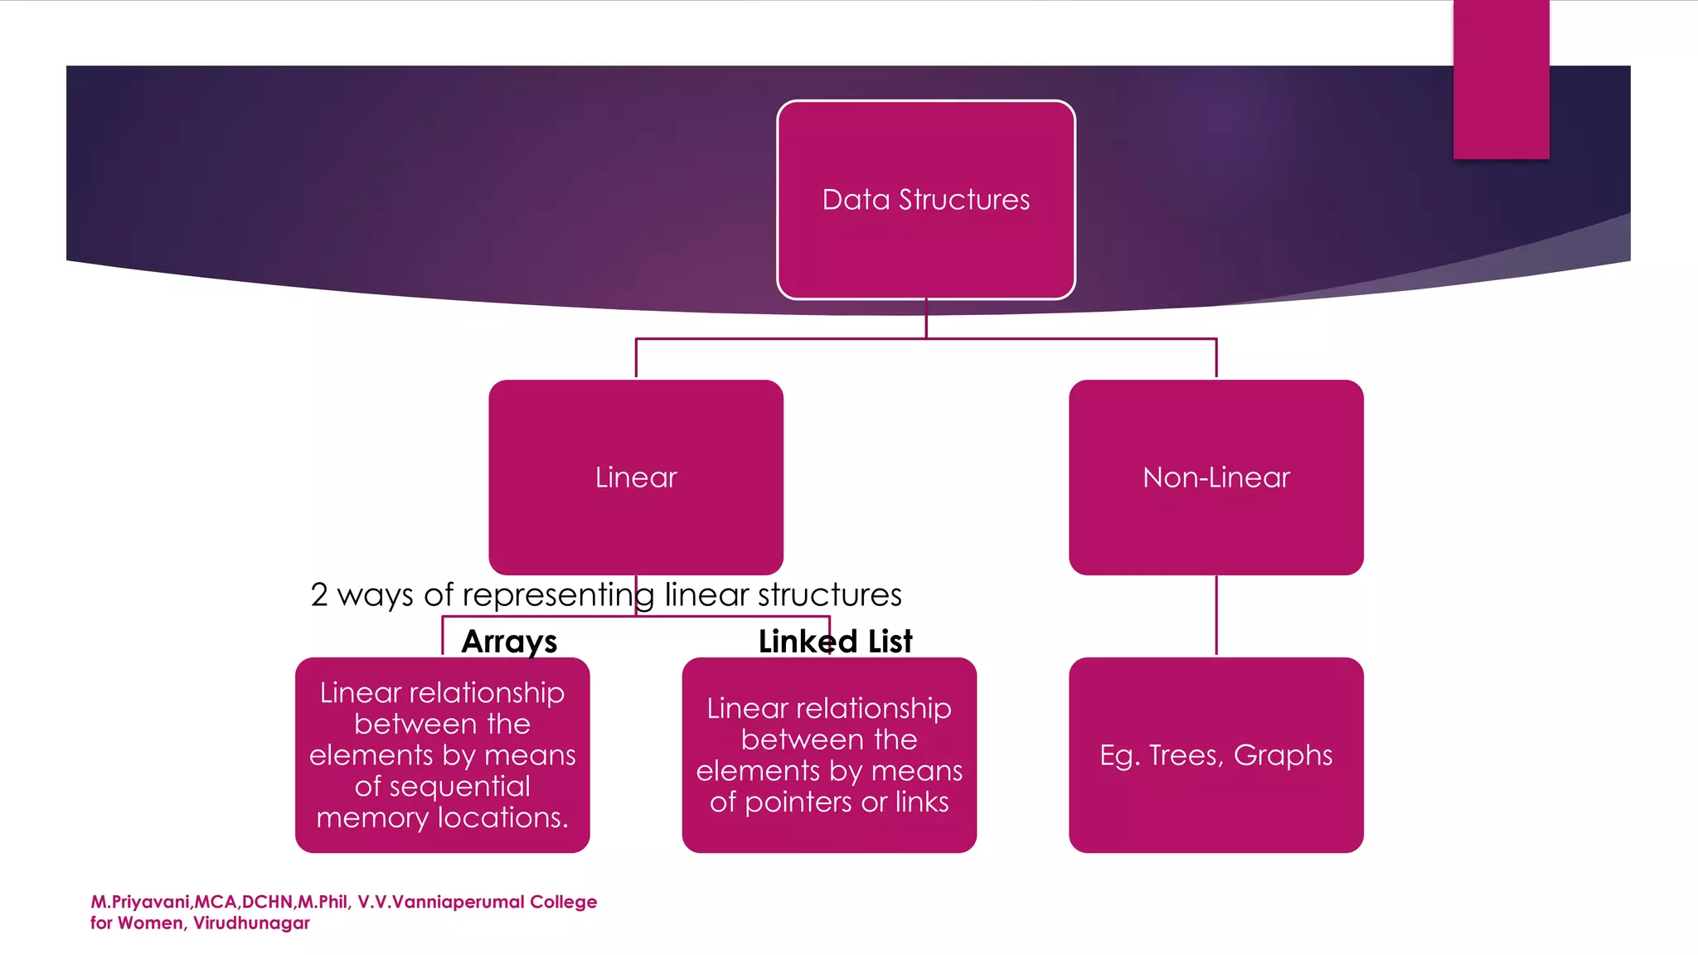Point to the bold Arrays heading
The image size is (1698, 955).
coord(509,642)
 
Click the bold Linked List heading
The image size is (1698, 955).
coord(835,642)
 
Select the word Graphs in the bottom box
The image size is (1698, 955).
coord(1283,756)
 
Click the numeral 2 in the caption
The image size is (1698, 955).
coord(319,595)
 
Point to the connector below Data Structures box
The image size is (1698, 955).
coord(926,320)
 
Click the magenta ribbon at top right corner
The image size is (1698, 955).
coord(1501,79)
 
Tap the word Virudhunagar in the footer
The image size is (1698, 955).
coord(251,923)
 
